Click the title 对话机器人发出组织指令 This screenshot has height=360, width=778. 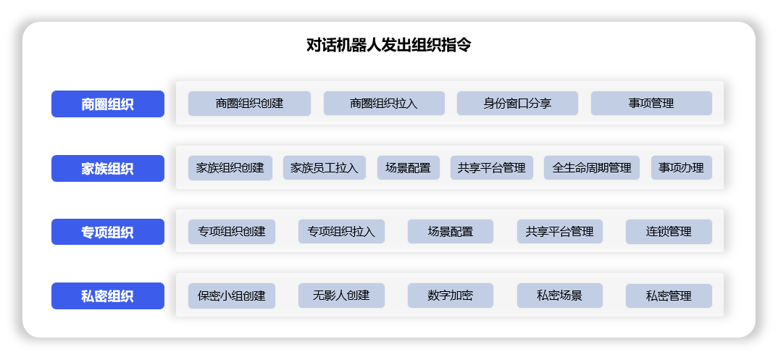(388, 46)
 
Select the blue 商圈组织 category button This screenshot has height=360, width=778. (108, 104)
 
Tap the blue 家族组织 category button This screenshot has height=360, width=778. (108, 169)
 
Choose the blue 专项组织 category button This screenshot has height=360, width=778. (108, 232)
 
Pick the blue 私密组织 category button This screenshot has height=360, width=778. (108, 296)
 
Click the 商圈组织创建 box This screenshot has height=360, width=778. (250, 104)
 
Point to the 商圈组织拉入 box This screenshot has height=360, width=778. (384, 104)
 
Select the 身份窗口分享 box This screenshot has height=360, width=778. (517, 103)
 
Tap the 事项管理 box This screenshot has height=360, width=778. (651, 103)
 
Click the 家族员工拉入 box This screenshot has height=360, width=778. (325, 167)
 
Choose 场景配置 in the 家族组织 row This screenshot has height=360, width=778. (409, 167)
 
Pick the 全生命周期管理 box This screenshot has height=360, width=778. (592, 167)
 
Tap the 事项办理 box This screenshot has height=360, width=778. (682, 167)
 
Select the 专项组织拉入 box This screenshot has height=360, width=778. (341, 232)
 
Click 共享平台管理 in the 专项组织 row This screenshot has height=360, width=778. (560, 232)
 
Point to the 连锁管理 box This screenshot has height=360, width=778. (669, 232)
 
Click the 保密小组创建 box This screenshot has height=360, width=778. (232, 296)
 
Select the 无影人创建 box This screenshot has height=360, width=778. (341, 296)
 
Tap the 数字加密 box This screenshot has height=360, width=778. (451, 296)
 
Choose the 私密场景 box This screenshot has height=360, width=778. (560, 296)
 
